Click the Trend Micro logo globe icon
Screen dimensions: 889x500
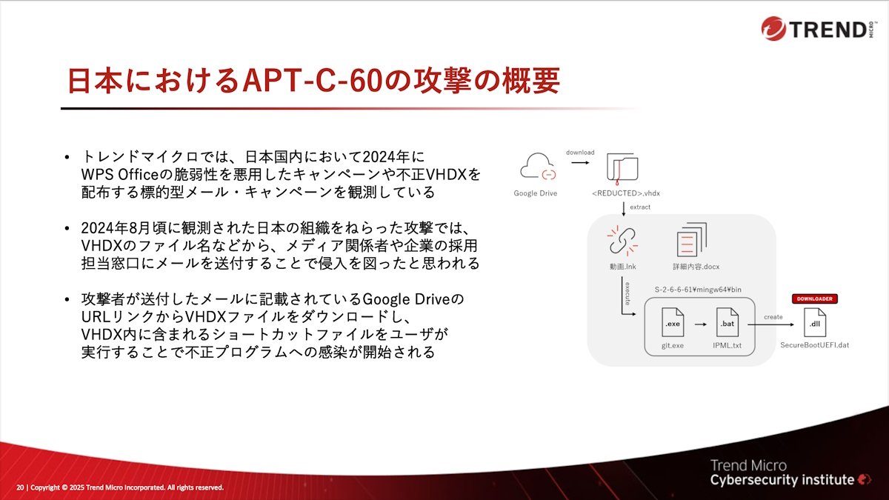(x=773, y=29)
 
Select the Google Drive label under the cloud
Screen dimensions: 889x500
(x=536, y=193)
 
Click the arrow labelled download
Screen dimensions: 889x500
(x=580, y=162)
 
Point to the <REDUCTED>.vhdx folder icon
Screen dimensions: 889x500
(x=622, y=168)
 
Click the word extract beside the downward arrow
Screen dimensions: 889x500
(x=640, y=207)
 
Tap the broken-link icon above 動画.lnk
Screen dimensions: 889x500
(x=622, y=241)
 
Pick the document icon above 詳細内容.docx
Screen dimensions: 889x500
(x=691, y=239)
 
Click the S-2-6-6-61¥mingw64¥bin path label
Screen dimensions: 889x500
(x=698, y=290)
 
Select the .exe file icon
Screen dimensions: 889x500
(x=673, y=322)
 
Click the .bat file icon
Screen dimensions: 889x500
(x=727, y=322)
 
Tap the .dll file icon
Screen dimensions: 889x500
(x=814, y=323)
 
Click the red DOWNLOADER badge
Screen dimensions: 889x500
(x=814, y=299)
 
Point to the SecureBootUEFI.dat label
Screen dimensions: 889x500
(x=814, y=345)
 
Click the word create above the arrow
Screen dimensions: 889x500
(x=773, y=317)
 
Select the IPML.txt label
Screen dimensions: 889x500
(x=727, y=346)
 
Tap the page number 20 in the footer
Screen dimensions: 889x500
(x=20, y=487)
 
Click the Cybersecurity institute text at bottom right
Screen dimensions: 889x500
(x=782, y=480)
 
